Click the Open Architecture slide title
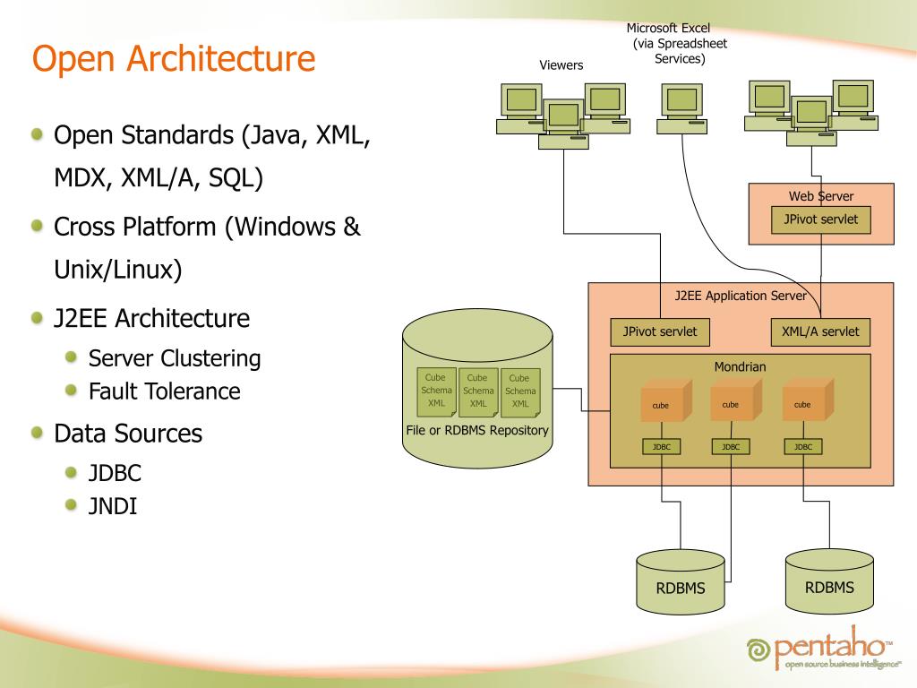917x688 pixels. [x=174, y=58]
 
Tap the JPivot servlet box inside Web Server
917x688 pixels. [x=820, y=219]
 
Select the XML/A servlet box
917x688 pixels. [x=820, y=331]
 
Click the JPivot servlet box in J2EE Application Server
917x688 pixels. [x=660, y=331]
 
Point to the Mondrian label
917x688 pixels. [x=740, y=366]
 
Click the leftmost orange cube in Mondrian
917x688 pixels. [x=666, y=400]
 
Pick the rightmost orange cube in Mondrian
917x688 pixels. [x=808, y=400]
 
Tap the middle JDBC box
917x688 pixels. [x=731, y=447]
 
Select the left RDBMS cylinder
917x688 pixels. [x=681, y=581]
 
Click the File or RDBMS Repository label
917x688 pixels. [x=477, y=431]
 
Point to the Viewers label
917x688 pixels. [x=561, y=64]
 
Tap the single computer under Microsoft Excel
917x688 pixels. [x=681, y=108]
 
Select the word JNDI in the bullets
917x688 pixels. [x=112, y=506]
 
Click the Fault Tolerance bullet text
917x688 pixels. [x=165, y=391]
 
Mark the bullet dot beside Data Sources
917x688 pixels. [x=38, y=433]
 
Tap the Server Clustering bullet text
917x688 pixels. [x=175, y=358]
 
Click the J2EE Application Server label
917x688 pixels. [x=741, y=296]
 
